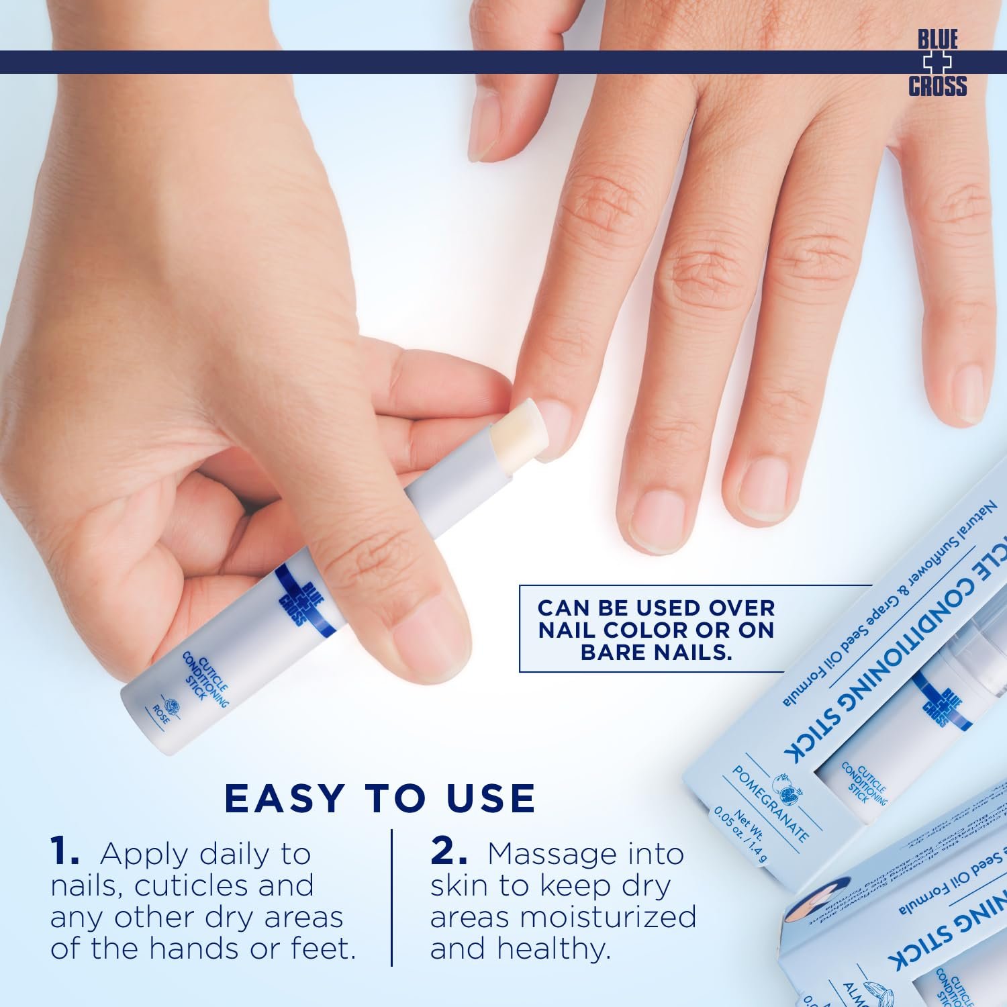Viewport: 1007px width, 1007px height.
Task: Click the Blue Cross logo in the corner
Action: [x=937, y=63]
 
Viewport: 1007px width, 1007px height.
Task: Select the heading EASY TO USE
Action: [x=380, y=798]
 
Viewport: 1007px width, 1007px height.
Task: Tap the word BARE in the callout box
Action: [x=620, y=652]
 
